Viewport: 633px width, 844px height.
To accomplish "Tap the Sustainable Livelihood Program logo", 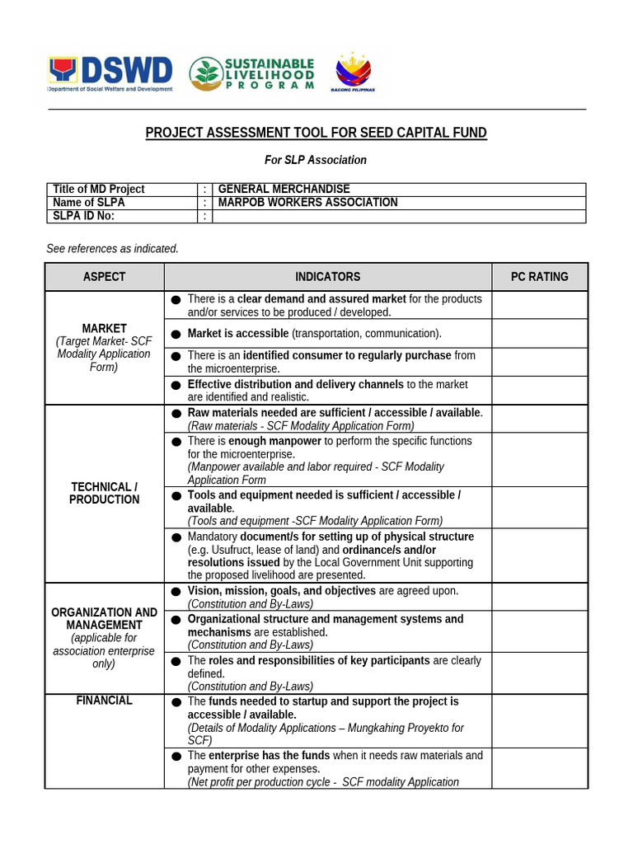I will pos(251,73).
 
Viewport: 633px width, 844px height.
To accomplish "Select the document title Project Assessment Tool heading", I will pos(316,133).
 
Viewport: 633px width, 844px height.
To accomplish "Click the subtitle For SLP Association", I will pos(316,160).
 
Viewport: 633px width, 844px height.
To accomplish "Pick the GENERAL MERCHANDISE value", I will pos(284,190).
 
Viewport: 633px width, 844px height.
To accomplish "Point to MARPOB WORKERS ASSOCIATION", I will pos(307,203).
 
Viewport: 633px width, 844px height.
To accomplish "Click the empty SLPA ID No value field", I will pos(399,216).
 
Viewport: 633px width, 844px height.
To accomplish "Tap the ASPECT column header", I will pos(105,277).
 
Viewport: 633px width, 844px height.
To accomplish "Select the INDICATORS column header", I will pos(328,277).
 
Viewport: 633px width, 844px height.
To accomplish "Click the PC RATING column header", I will pos(539,277).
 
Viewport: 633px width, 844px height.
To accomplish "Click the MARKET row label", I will pos(105,328).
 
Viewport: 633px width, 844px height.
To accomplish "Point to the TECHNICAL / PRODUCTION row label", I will pos(105,493).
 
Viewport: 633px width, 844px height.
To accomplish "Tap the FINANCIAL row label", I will pos(105,701).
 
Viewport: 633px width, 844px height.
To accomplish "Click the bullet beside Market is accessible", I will pos(176,334).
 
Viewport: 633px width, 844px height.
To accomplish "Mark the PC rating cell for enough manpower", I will pos(539,460).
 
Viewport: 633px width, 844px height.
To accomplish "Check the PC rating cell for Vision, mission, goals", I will pos(539,597).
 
